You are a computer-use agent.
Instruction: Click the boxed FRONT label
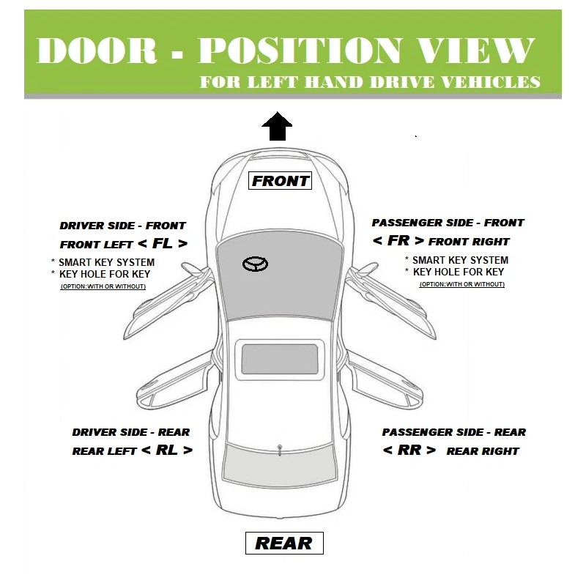(x=281, y=180)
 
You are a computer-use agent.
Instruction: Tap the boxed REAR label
(x=283, y=544)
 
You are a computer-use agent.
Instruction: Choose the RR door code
(x=409, y=450)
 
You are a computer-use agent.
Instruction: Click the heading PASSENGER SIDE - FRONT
(x=448, y=223)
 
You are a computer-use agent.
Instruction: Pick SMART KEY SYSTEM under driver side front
(x=106, y=262)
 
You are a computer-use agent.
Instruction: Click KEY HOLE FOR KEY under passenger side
(x=459, y=272)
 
